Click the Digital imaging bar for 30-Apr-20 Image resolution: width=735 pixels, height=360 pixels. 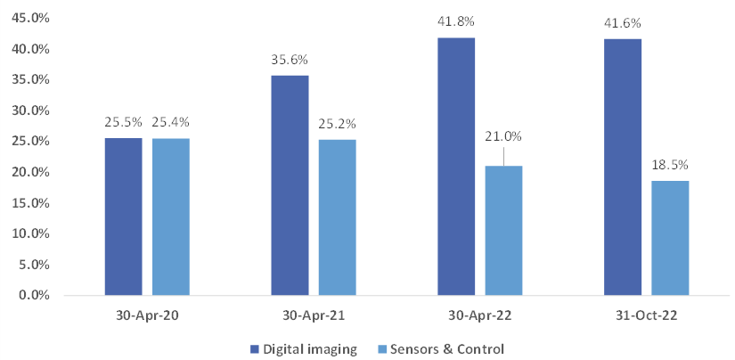(123, 217)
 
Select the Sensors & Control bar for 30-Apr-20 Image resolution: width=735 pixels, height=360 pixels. (171, 217)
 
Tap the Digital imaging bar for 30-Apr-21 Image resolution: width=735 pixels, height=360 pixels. (290, 185)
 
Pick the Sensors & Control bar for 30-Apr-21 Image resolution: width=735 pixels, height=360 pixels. (337, 217)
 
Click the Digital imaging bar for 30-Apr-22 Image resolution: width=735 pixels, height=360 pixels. (456, 166)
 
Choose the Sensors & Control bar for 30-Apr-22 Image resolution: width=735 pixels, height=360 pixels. (503, 230)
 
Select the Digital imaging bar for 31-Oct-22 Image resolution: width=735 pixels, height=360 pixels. (622, 167)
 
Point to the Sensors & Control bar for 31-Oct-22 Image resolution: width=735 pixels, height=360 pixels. (670, 238)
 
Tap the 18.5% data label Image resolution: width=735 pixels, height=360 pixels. (670, 166)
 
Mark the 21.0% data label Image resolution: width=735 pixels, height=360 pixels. (503, 136)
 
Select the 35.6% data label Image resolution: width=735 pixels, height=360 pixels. (290, 61)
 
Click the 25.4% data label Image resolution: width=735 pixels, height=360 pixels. (171, 123)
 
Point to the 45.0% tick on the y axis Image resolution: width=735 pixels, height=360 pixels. (29, 18)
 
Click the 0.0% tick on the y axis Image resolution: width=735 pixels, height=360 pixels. (32, 295)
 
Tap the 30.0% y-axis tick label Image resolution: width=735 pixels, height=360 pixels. (29, 110)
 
